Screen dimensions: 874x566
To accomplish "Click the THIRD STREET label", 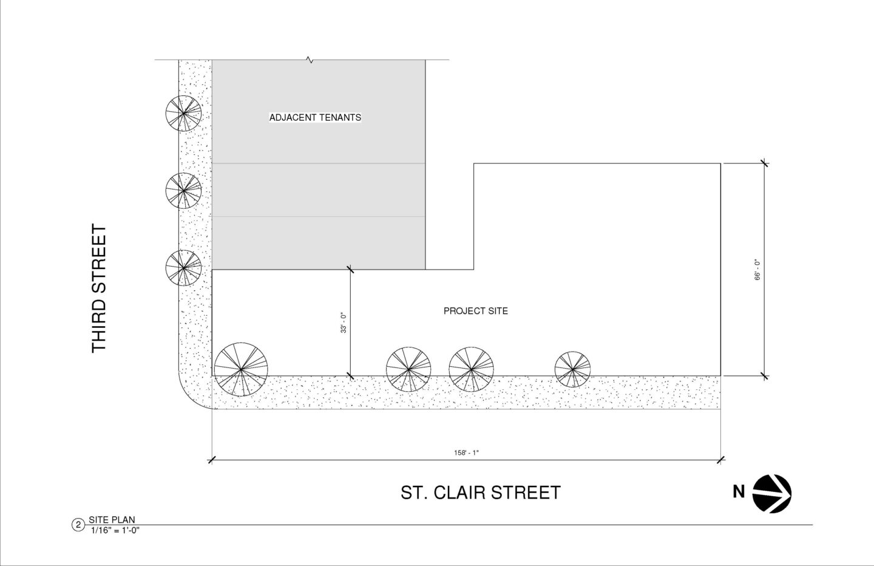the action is (99, 288).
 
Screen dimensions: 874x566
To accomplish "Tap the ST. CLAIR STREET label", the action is (481, 493).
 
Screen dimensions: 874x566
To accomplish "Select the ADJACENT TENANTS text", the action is (315, 117).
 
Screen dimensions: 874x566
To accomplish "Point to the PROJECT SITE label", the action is (476, 311).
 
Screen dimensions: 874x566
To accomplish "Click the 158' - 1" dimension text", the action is (466, 453).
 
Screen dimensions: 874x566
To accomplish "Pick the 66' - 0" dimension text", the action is (757, 270).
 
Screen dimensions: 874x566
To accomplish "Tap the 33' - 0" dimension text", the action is (344, 322).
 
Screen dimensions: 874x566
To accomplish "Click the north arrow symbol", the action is (772, 494).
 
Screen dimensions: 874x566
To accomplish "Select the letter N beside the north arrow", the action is (739, 492).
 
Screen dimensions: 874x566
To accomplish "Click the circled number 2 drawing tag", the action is (78, 525).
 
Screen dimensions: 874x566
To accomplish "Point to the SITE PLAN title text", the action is (112, 520).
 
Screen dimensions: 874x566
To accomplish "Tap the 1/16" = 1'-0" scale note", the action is (115, 531).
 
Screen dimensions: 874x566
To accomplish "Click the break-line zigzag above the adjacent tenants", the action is (310, 60).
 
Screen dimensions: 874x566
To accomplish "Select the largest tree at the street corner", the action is (241, 369).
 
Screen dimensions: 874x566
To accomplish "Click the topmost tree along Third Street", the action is (183, 113).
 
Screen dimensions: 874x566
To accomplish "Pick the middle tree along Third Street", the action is (183, 191).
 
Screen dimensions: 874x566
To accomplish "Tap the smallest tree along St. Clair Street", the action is (572, 369).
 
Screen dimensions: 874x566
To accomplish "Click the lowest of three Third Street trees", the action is (183, 268).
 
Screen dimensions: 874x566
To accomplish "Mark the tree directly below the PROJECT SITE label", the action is (471, 369).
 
